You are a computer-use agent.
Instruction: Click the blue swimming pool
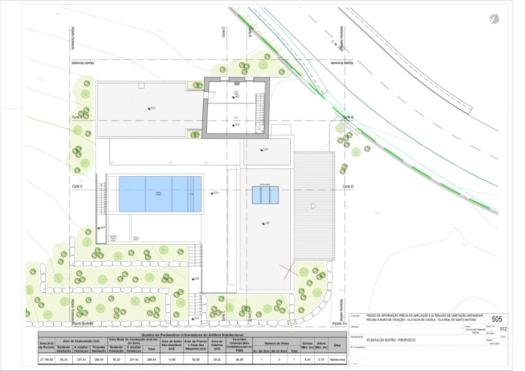tap(160, 194)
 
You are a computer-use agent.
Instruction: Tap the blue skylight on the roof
tap(265, 194)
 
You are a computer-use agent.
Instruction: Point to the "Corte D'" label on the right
tap(348, 187)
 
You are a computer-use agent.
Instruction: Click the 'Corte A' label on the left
tap(77, 117)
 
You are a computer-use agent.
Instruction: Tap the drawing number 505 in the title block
tap(497, 319)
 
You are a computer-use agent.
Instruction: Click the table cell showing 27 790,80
tap(46, 359)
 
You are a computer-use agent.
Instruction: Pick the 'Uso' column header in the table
tap(337, 346)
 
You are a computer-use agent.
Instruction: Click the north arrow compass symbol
tap(494, 19)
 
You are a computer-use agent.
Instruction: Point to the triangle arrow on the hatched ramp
tap(313, 206)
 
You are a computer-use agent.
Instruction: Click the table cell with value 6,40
tap(308, 359)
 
